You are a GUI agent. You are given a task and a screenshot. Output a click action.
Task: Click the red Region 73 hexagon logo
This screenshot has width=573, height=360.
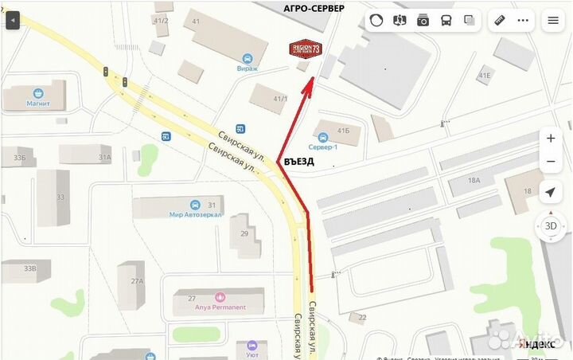tap(306, 49)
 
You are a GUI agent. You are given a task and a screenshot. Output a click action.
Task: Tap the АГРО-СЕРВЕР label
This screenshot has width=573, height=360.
tap(314, 8)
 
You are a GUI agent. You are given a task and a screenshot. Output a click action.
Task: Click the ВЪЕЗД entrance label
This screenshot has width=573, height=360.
tap(298, 162)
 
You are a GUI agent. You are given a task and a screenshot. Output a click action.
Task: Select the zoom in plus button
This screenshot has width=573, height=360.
tap(551, 138)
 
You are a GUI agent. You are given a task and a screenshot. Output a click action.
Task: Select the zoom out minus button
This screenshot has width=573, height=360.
tap(551, 162)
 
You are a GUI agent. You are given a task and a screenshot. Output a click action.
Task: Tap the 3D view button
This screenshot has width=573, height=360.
tap(551, 225)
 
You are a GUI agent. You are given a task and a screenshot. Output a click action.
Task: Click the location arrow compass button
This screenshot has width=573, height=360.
tap(551, 192)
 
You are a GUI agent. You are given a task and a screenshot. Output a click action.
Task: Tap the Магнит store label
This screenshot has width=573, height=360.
tap(38, 104)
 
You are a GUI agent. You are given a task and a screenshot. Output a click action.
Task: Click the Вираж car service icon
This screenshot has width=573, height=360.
tap(247, 58)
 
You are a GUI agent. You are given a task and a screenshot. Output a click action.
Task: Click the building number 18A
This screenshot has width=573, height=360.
tap(474, 181)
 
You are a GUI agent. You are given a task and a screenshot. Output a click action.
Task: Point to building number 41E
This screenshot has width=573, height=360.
tap(485, 76)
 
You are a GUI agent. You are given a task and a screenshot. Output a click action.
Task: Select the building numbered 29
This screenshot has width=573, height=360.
tap(244, 233)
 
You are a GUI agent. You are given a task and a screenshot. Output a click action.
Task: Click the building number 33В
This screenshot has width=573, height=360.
tap(29, 268)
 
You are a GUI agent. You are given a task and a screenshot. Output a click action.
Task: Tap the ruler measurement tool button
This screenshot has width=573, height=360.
tap(501, 20)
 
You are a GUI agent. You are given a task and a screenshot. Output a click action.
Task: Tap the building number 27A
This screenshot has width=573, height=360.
tap(137, 281)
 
